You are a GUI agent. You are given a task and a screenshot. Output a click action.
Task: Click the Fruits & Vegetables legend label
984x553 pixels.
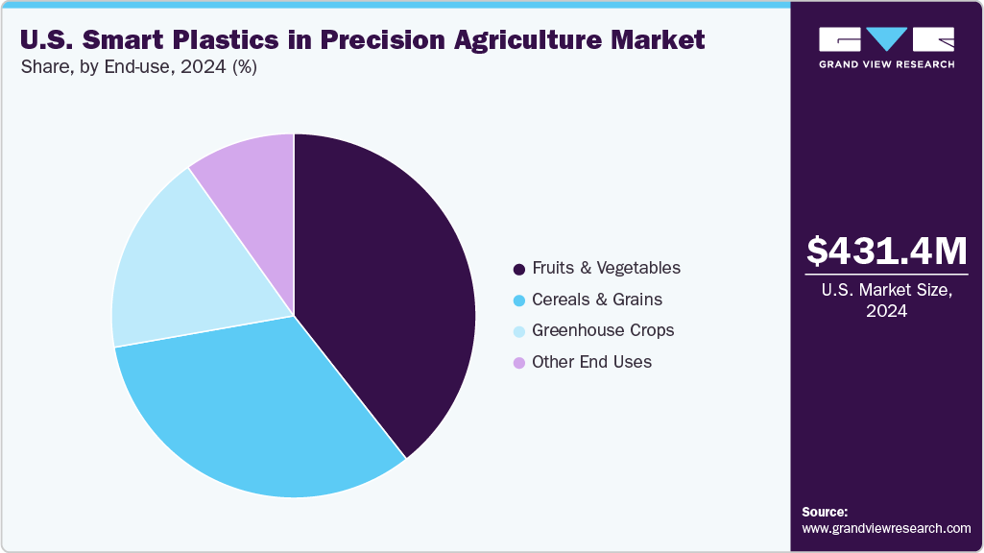(606, 268)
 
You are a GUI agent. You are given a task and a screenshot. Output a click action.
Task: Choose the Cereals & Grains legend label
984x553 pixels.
(596, 300)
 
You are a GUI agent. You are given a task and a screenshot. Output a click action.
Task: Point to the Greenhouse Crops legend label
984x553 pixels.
(603, 330)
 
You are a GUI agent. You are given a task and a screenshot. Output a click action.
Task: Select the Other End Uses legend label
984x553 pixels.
(591, 362)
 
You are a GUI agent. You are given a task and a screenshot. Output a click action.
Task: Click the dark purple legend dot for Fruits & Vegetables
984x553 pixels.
(519, 269)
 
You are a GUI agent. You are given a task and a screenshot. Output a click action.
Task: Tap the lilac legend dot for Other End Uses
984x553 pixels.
(519, 363)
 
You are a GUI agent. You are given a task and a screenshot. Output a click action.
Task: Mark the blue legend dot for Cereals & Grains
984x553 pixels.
(519, 301)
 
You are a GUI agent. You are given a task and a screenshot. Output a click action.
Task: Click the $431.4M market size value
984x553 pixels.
(886, 252)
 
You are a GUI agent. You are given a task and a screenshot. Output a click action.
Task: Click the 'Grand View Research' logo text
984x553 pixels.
(886, 64)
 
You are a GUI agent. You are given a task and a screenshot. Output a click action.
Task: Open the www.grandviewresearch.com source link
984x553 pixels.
(886, 528)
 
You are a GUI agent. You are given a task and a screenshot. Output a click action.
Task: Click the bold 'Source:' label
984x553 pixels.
(825, 512)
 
